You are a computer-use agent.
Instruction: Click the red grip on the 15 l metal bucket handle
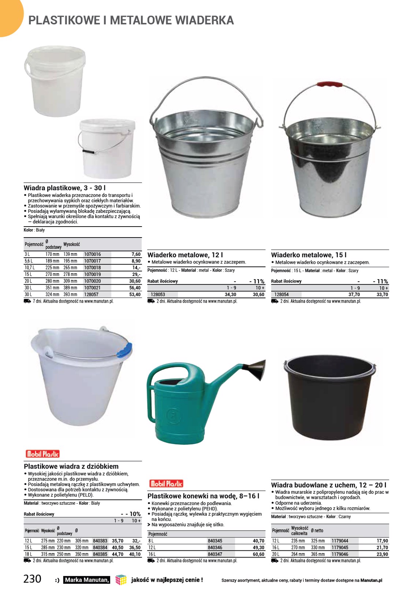point(330,84)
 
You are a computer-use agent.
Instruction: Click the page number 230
point(33,579)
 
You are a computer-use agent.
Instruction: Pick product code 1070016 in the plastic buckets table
point(92,254)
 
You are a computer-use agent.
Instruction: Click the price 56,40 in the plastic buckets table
point(135,288)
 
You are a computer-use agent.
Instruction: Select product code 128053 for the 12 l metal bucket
point(158,294)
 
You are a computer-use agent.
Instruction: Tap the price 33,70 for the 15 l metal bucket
point(382,294)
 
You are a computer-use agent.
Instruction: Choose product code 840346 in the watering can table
point(215,548)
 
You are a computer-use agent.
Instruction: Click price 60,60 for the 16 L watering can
point(258,554)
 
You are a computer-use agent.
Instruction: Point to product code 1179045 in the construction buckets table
point(340,548)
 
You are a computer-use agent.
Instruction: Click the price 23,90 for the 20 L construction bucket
point(382,554)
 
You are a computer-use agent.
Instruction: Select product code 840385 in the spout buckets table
point(100,554)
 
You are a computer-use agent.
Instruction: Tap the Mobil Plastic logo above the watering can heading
point(166,483)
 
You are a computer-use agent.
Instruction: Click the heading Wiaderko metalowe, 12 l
point(185,255)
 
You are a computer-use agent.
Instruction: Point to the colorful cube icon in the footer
point(121,580)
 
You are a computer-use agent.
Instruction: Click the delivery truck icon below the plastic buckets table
point(27,301)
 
